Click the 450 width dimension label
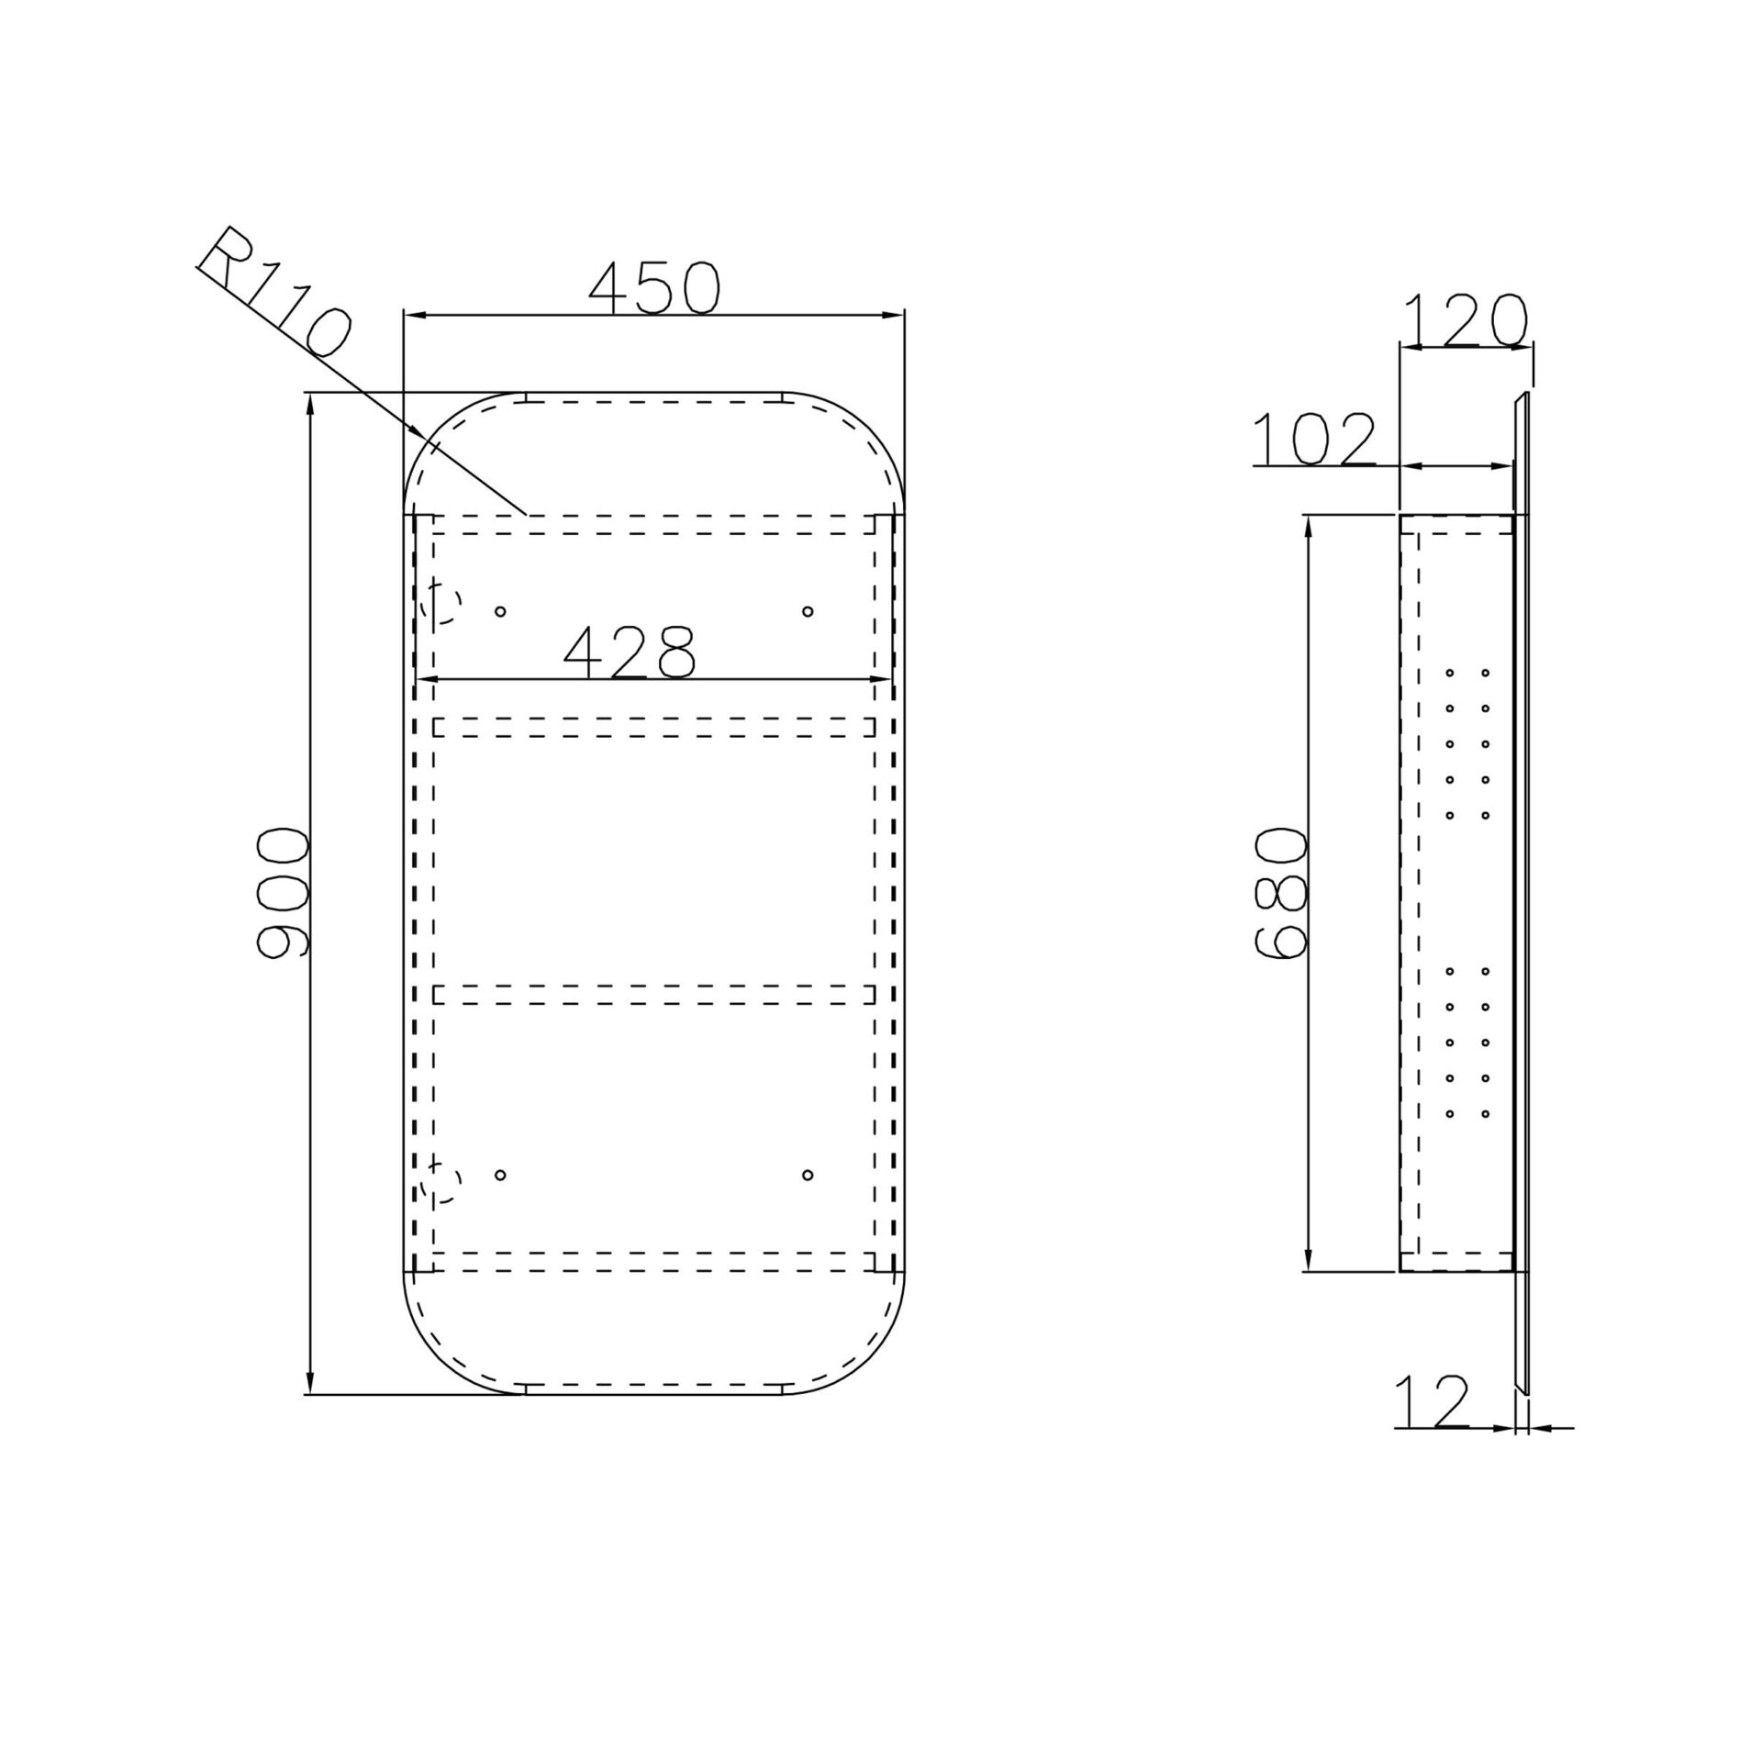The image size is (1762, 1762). click(x=654, y=287)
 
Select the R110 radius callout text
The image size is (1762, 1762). click(x=273, y=293)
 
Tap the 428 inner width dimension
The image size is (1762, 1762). click(x=630, y=652)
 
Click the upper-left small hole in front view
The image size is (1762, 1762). click(x=500, y=611)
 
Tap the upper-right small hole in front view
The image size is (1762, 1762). click(x=808, y=611)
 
